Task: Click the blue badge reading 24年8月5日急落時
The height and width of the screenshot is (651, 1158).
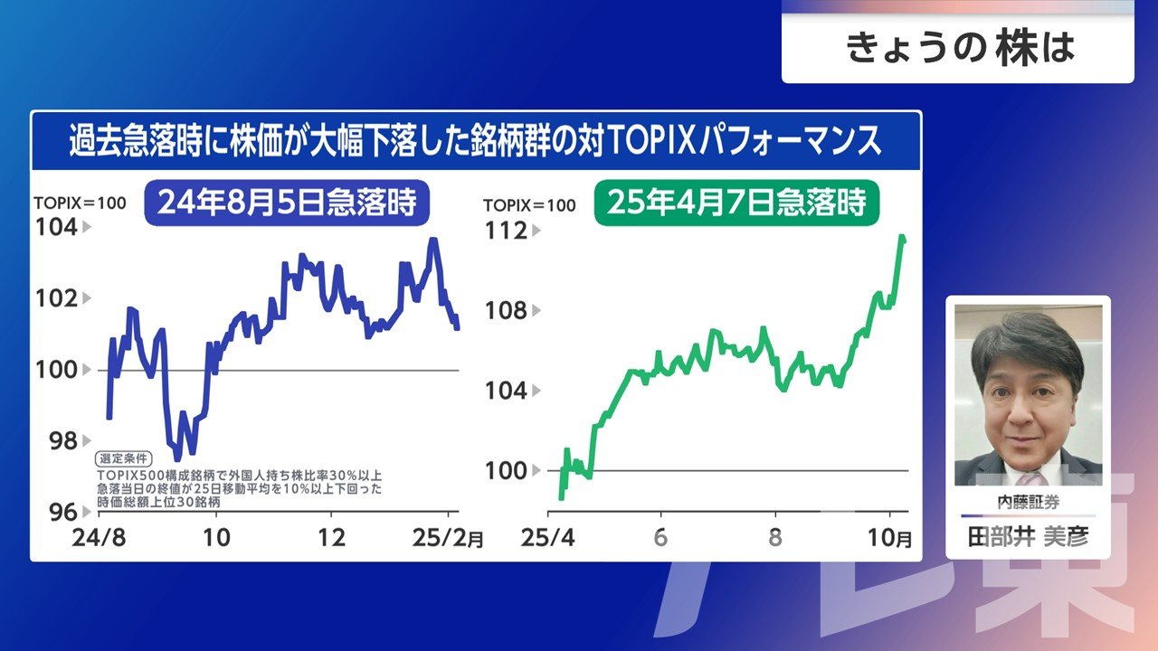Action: point(286,203)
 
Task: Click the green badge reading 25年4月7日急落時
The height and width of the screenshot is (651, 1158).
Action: point(736,203)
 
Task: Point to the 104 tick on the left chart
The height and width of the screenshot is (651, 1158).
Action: point(57,227)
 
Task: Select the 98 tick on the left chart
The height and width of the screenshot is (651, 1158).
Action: point(57,440)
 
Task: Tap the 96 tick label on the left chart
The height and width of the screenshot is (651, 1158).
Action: point(57,512)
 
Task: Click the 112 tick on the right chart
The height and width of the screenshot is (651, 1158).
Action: point(507,231)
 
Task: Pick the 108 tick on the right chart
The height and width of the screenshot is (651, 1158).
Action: point(507,311)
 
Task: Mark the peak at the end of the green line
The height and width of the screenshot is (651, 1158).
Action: point(902,237)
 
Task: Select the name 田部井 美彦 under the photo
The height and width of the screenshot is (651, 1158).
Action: point(1028,537)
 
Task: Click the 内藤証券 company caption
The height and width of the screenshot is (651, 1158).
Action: point(1028,503)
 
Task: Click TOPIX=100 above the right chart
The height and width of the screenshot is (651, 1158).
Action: point(529,205)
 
